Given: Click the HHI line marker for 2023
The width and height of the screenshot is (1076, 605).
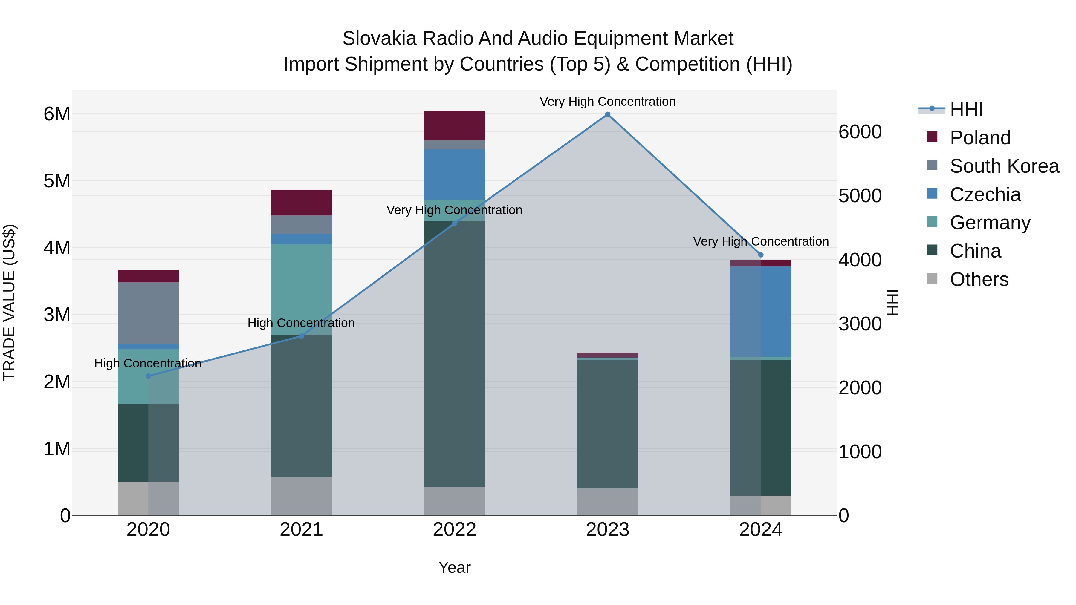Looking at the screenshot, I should coord(607,114).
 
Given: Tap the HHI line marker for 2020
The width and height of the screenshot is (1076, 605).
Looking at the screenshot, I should coord(148,376).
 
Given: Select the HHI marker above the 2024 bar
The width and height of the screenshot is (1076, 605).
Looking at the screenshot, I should coord(761,255).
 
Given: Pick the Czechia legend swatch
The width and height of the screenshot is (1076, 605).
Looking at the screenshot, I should coord(932,194).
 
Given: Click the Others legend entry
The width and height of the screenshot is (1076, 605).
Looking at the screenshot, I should coord(979,279).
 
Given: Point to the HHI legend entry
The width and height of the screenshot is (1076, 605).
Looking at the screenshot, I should coord(966,109).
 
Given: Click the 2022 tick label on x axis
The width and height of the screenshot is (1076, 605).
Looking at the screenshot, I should coord(454,530).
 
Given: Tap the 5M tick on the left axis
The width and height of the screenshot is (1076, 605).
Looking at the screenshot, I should coord(57,181).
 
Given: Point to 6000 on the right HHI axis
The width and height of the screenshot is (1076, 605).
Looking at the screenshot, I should coord(860,132).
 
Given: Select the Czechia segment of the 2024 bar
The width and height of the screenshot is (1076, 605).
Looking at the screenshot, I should coord(761,312).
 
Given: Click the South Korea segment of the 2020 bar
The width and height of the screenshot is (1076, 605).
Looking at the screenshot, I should coord(148,313).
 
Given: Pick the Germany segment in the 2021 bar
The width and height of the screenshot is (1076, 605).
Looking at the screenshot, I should coord(301,289).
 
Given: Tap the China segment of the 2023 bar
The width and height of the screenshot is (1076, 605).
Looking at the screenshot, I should coord(607,424).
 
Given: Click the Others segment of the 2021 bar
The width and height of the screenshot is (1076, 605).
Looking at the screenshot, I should coord(301,496).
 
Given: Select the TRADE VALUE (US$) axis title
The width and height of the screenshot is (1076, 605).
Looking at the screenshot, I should coord(9,302).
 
